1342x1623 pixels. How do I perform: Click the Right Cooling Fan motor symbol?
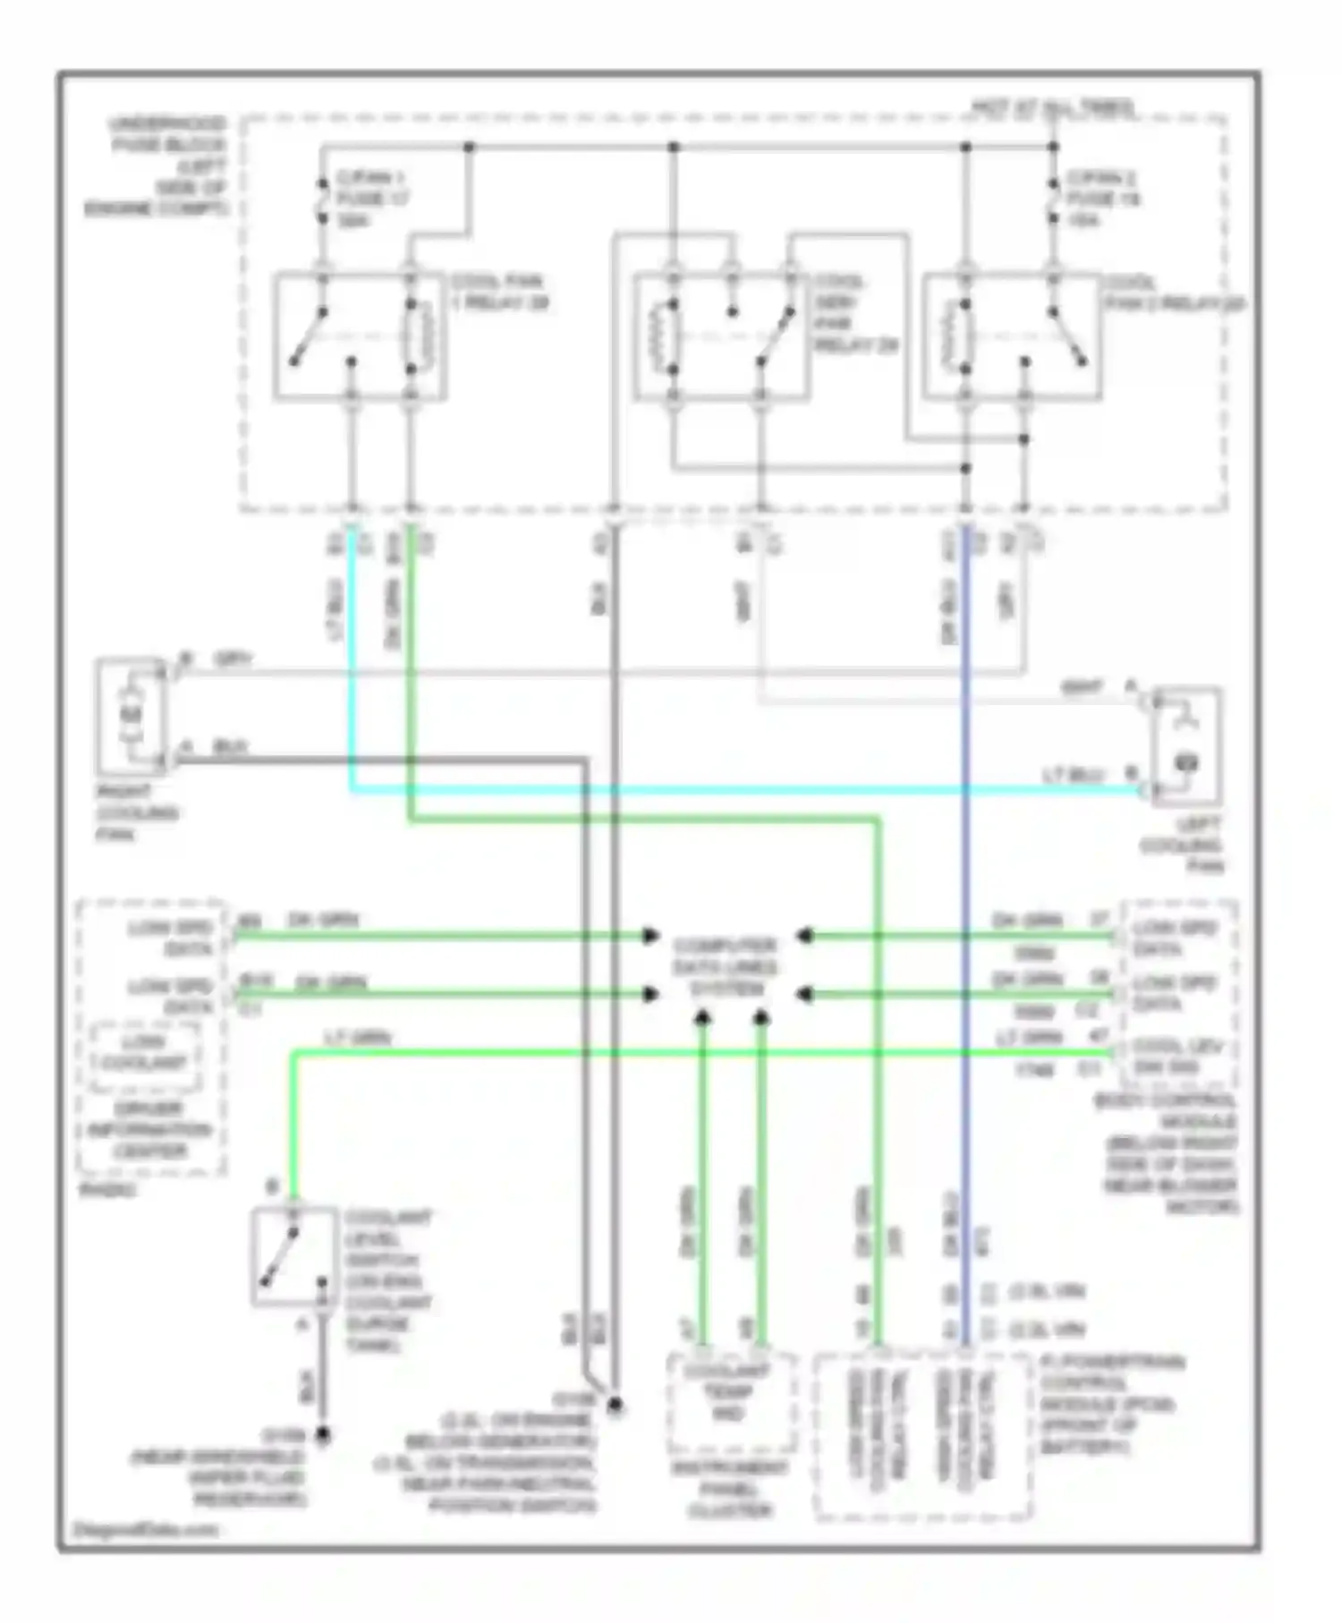point(132,716)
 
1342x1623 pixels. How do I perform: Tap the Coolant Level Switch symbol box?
point(294,1256)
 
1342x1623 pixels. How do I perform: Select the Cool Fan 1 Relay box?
point(360,336)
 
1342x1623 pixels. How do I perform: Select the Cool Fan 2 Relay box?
point(1011,336)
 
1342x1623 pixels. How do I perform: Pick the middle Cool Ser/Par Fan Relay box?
point(721,336)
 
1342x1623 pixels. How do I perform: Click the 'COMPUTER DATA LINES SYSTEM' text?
point(726,967)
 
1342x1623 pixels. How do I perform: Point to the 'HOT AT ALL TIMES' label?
point(1053,107)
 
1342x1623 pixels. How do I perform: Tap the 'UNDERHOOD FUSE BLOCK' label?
point(166,134)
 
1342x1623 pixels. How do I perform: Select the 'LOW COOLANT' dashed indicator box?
point(145,1053)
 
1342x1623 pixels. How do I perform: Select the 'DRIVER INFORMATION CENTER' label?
point(149,1129)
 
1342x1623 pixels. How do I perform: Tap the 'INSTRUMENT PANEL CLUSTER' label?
point(728,1489)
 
